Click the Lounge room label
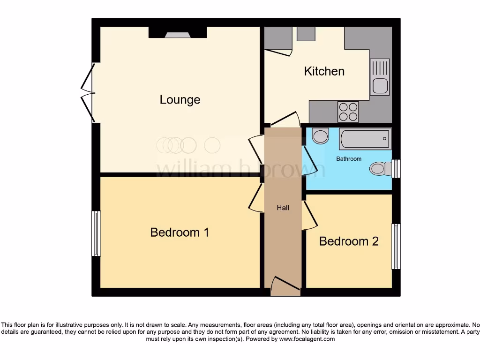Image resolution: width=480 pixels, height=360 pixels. [x=180, y=99]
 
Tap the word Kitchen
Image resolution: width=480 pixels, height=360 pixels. [x=324, y=71]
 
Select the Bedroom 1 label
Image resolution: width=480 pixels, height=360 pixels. [x=180, y=232]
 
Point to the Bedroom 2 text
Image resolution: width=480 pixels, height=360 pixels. [x=349, y=241]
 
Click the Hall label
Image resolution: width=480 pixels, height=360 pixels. [x=283, y=208]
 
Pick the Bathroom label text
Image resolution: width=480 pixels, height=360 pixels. [x=349, y=159]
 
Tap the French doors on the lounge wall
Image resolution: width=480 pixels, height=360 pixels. [x=88, y=93]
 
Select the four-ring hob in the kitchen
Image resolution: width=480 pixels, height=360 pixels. [x=348, y=112]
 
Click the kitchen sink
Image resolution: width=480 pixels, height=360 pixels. [x=379, y=77]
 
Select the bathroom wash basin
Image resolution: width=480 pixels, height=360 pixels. [x=321, y=136]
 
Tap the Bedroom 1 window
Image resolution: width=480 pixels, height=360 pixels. [x=96, y=233]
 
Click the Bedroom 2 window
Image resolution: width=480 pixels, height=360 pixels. [x=396, y=246]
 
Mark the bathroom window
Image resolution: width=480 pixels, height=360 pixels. [x=396, y=169]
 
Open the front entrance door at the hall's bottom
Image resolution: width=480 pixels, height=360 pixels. [x=285, y=286]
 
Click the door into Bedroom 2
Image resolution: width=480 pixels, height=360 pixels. [x=308, y=216]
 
